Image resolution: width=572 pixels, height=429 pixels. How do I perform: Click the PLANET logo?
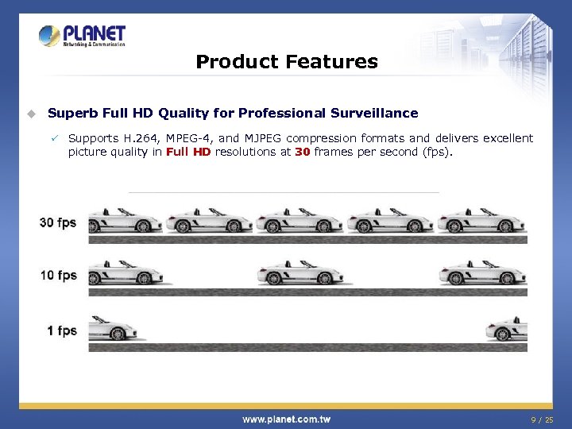(x=83, y=36)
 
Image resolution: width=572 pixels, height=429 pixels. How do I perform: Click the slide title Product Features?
(x=286, y=61)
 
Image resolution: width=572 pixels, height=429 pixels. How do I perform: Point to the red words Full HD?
(x=188, y=152)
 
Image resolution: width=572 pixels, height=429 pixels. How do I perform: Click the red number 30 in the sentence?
(x=302, y=152)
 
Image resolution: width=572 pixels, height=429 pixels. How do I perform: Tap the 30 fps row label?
(x=58, y=222)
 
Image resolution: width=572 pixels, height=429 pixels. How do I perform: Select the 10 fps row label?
(x=58, y=276)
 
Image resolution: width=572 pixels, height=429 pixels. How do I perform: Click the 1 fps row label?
(x=61, y=330)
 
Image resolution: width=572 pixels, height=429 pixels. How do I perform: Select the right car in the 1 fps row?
(x=506, y=329)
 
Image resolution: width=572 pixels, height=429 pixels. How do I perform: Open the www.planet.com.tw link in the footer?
(x=286, y=419)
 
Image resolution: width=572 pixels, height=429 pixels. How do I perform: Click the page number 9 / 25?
(x=543, y=419)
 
